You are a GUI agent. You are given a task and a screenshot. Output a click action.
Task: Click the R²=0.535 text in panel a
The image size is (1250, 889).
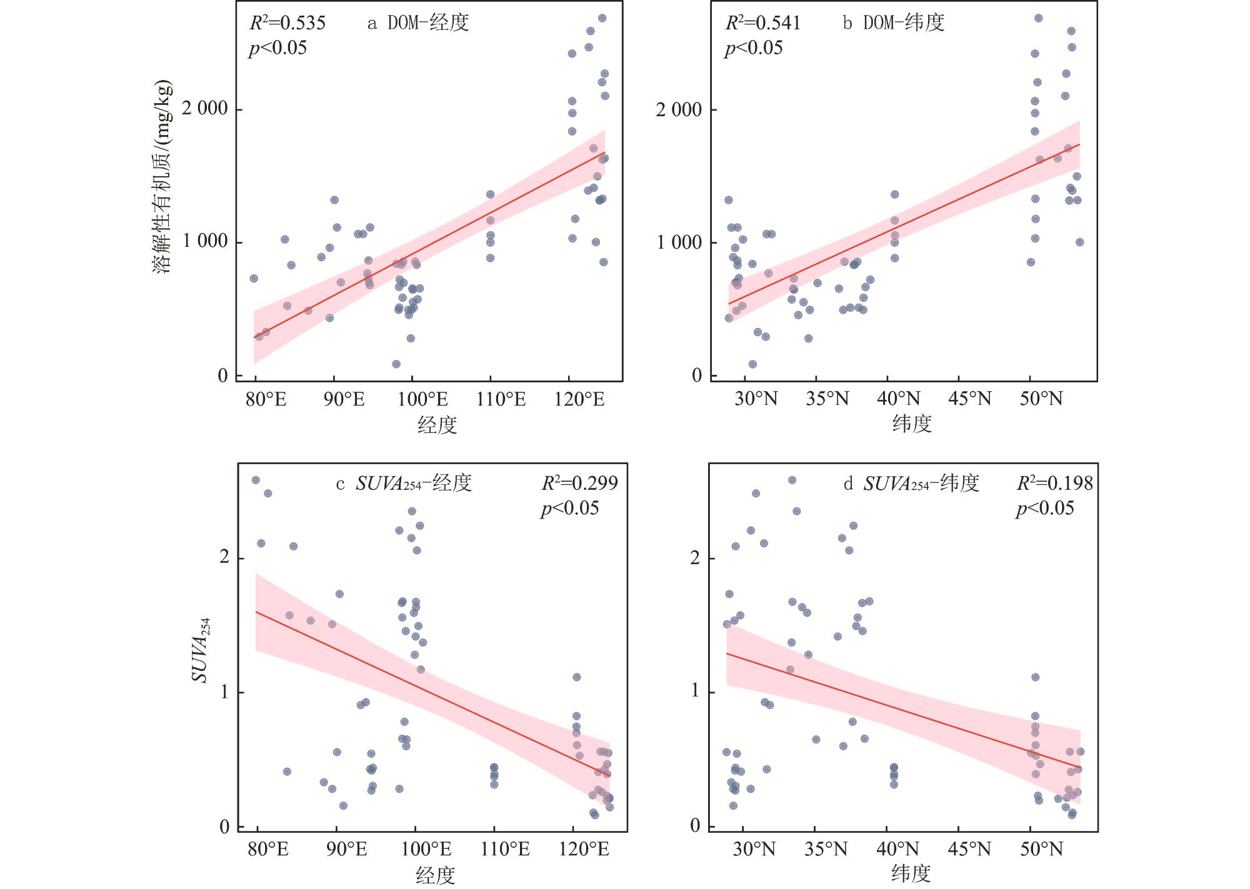pos(287,23)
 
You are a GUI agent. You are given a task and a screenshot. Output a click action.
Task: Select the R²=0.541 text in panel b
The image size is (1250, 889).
pos(762,23)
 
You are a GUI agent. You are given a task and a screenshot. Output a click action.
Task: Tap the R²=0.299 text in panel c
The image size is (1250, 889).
pos(579,483)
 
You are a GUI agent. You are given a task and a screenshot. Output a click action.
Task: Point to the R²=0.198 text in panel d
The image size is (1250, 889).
pos(1055,483)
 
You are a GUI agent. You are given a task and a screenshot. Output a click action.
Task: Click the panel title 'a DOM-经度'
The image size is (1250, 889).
pos(418,23)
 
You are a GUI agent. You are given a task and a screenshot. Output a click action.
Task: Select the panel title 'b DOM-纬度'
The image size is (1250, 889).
pos(894,23)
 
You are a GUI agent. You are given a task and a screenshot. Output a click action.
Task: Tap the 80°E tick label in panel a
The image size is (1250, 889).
pos(267,399)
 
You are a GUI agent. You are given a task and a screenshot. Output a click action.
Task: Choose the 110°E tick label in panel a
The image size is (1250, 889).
pos(501,399)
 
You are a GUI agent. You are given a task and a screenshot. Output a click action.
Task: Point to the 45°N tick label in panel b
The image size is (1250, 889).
pos(970,399)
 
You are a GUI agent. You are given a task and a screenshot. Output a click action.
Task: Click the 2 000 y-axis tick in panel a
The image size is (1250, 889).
pos(204,109)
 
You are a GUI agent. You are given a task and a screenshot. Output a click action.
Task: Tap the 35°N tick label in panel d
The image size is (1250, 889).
pos(826,850)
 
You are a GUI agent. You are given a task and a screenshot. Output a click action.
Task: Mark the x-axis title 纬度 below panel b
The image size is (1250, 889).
pos(912,425)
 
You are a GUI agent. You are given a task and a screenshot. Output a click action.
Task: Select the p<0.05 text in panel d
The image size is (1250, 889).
pos(1045,508)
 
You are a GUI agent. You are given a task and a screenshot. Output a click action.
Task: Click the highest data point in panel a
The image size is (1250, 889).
pos(602,18)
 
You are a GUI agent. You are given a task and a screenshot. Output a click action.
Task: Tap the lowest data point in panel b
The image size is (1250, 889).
pos(752,364)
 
